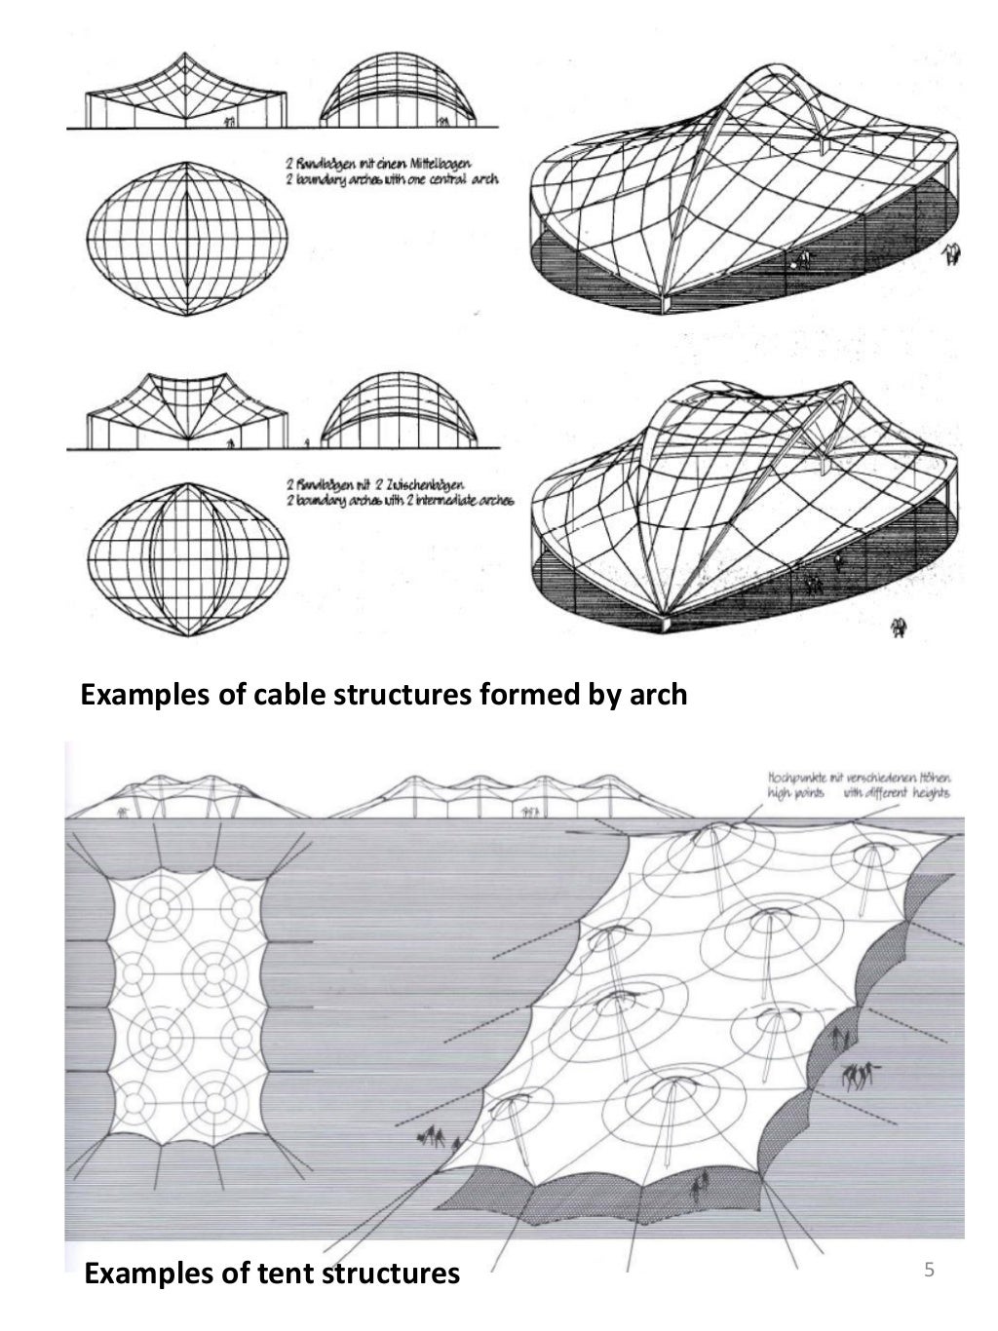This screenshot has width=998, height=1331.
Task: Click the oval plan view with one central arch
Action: [187, 238]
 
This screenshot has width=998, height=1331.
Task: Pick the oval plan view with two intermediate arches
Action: [186, 552]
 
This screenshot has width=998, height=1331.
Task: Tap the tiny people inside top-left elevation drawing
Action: [230, 123]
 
